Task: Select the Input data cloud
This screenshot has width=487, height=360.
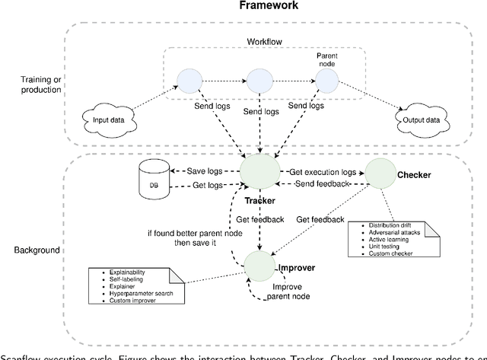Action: [106, 120]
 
